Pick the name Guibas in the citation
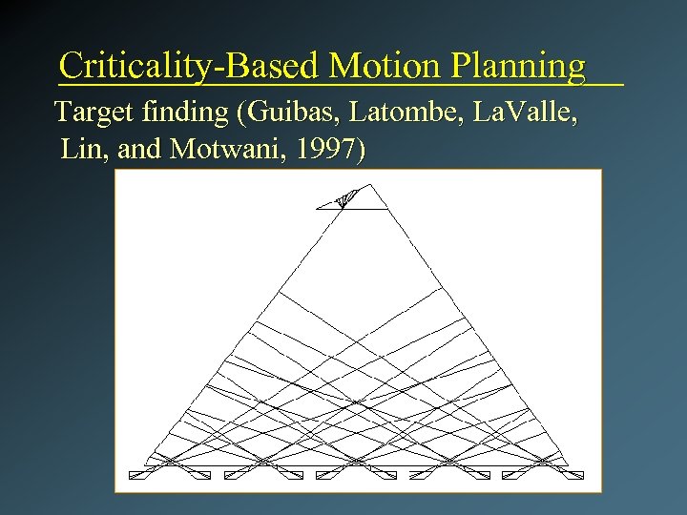(290, 113)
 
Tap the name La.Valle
(529, 113)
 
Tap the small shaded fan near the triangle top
(346, 197)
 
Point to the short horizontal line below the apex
(353, 208)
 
